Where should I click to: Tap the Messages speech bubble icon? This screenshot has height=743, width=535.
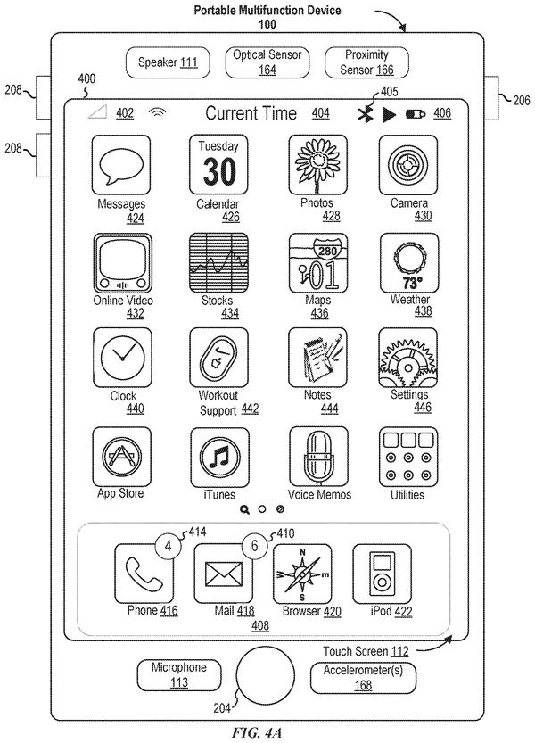point(121,164)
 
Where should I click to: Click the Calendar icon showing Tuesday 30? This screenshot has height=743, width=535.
point(218,164)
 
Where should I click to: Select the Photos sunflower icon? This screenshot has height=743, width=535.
point(318,164)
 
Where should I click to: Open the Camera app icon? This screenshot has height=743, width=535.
point(408,164)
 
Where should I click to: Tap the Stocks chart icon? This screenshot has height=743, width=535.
point(218,263)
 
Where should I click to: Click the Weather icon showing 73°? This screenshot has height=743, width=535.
point(409,263)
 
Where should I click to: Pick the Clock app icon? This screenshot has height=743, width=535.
point(122,358)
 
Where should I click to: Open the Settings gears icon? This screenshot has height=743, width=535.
point(408,358)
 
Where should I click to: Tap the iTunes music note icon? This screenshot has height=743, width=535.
point(220,458)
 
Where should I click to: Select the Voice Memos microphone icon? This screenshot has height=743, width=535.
point(318,457)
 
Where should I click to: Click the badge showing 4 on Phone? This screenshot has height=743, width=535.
point(169,546)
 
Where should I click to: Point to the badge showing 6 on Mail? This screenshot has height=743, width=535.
point(255,546)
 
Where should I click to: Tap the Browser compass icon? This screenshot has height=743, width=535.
point(302,574)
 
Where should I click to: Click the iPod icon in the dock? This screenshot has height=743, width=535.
point(382,574)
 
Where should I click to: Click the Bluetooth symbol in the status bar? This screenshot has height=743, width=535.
point(366,114)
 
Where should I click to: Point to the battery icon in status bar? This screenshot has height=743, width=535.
point(416,114)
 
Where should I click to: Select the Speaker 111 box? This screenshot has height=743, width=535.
point(168,62)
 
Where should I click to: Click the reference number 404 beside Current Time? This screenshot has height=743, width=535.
point(321,114)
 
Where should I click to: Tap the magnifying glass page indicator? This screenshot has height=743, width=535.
point(244,509)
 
